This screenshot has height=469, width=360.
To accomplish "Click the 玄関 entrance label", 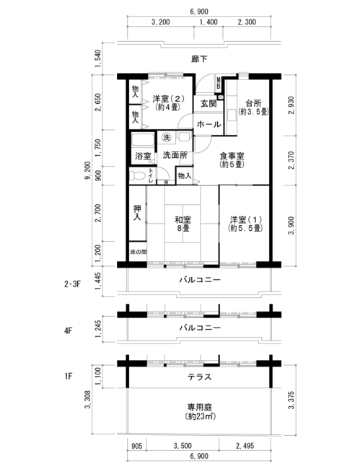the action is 208,103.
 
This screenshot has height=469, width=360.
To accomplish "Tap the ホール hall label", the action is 208,124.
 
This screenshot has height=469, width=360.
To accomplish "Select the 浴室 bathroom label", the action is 143,156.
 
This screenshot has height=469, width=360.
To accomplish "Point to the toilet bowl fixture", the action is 137,175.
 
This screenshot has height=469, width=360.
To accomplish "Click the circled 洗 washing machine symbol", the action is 166,137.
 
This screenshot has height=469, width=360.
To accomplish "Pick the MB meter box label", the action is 219,83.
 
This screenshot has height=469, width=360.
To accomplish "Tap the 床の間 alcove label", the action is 138,252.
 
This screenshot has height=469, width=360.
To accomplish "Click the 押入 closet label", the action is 137,213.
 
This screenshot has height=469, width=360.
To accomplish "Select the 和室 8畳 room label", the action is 183,224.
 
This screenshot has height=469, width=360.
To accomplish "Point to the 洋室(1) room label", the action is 246,224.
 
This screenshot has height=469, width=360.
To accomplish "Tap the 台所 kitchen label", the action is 253,108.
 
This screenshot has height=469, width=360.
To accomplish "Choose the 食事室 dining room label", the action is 232,160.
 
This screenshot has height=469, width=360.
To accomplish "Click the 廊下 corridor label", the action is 199,59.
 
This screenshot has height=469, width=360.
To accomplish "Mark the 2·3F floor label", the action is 72,284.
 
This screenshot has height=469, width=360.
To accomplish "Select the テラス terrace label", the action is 199,377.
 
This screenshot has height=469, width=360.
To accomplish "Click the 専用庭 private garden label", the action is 200,411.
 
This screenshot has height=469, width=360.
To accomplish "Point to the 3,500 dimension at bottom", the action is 183,446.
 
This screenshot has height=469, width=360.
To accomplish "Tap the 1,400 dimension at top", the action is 208,22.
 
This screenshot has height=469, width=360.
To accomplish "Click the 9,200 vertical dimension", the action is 87,171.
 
